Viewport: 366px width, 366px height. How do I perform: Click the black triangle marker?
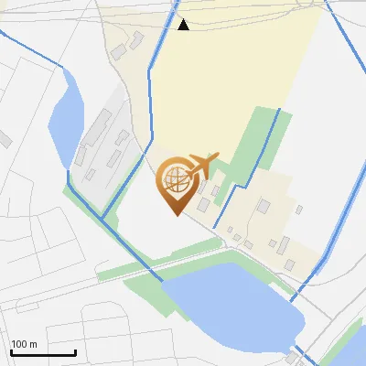183,25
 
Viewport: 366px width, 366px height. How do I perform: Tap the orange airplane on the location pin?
201,164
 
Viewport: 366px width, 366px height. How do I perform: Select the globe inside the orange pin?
175,178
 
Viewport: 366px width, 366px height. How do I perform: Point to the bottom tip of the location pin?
175,214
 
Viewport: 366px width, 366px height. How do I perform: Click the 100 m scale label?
24,344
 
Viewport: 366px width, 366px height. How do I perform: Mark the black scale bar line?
43,352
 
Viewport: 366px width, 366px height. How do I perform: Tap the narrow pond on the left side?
65,115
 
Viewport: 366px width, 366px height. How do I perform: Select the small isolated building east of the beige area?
298,209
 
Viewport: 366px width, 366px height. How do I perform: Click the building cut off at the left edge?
4,140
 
